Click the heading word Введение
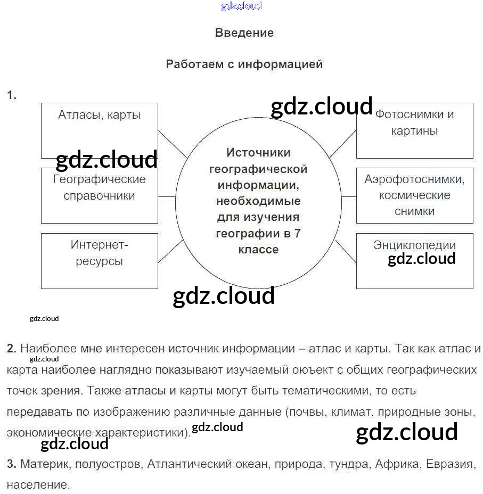244,32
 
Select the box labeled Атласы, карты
100,130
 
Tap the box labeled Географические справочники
100,195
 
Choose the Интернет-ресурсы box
100,261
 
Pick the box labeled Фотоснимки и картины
414,130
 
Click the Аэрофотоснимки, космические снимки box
414,195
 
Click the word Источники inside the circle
258,153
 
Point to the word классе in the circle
258,250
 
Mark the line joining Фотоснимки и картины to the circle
342,144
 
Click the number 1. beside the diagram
12,95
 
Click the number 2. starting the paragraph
12,349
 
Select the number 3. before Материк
12,464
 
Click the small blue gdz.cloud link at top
241,6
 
